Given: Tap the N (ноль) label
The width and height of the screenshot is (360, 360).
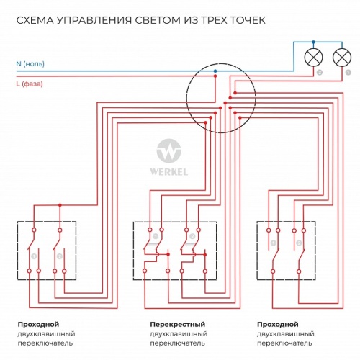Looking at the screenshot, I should [x=30, y=64].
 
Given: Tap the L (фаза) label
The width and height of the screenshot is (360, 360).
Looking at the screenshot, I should [x=30, y=84].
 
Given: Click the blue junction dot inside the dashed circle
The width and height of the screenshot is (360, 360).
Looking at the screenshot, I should [x=215, y=71].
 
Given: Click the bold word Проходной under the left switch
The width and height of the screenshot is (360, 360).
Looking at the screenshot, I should [x=38, y=324].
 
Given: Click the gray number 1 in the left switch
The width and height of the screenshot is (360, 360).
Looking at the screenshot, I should [x=33, y=256].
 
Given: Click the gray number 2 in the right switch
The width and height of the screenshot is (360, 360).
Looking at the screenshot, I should [x=298, y=243].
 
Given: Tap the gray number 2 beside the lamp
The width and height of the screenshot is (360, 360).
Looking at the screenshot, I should [x=319, y=73].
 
